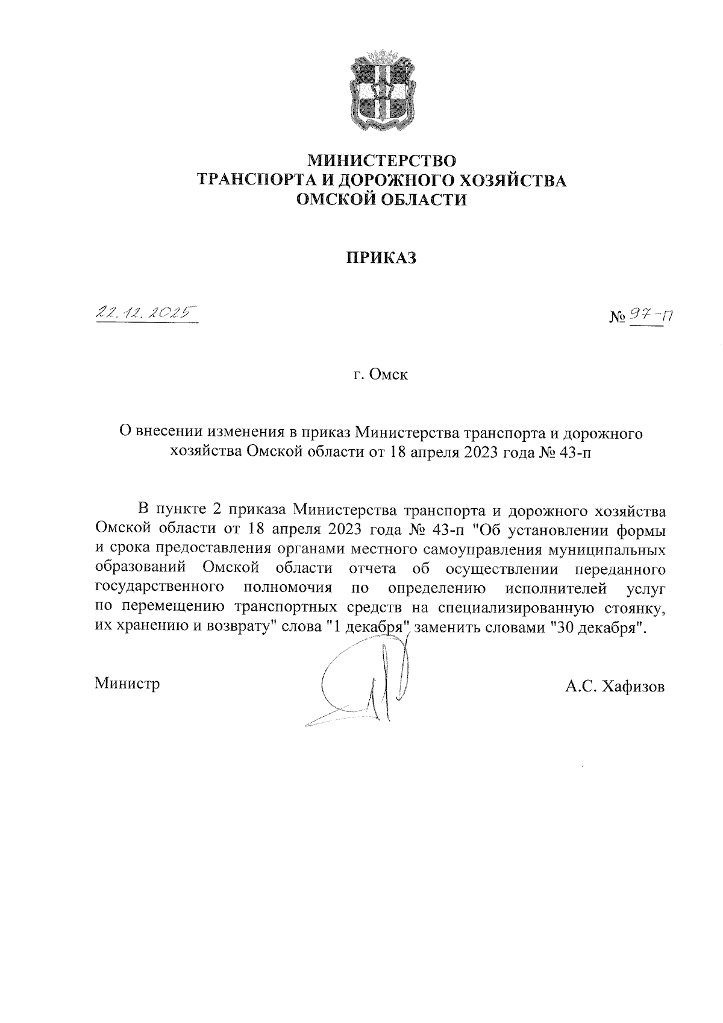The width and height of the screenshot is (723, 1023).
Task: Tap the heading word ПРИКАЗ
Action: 381,258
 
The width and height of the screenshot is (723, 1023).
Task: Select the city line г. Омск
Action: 381,375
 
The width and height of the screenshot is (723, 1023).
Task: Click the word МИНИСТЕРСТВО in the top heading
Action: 383,161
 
